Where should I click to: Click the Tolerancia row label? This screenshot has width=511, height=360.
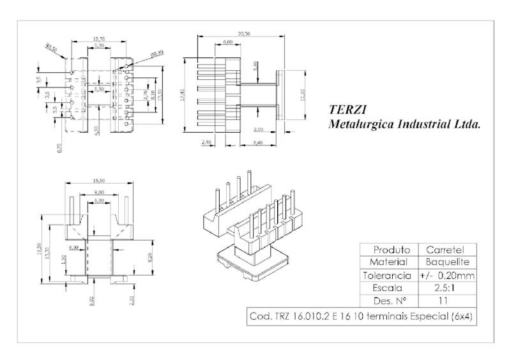386,276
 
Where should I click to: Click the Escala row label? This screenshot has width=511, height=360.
386,288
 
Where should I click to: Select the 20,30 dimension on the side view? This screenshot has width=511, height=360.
243,33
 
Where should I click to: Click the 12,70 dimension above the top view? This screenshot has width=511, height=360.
98,39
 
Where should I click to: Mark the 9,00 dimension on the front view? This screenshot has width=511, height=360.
99,191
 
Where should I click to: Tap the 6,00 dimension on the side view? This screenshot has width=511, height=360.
227,42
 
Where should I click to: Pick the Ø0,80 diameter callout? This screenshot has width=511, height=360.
156,53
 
